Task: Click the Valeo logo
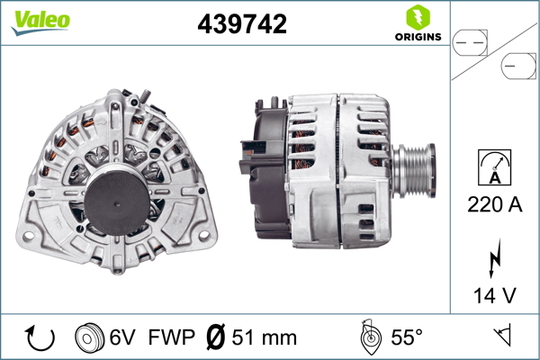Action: click(40, 22)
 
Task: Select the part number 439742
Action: click(242, 23)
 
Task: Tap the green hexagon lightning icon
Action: click(418, 18)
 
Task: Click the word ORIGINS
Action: click(418, 37)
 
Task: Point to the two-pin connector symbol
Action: click(470, 43)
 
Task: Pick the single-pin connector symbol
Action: click(518, 66)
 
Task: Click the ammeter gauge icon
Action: click(494, 167)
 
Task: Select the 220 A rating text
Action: click(494, 204)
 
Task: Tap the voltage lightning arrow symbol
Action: click(494, 258)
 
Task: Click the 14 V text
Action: click(494, 295)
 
